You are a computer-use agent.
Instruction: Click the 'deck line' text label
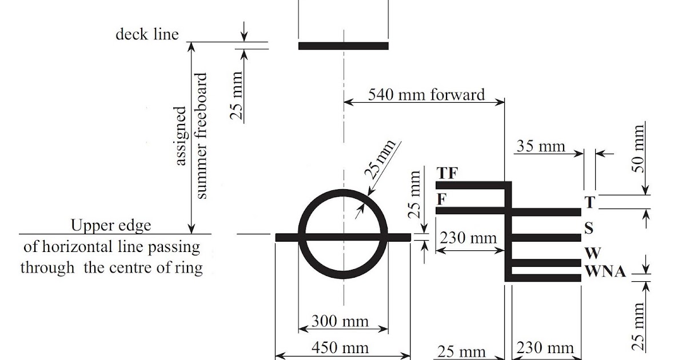coord(147,34)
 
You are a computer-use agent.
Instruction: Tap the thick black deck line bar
coord(343,46)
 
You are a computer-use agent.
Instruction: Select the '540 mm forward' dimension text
coord(426,94)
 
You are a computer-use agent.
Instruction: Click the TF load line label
coord(448,173)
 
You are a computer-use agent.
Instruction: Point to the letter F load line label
coord(441,200)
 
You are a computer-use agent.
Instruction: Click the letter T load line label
coord(590,202)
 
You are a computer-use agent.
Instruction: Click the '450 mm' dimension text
coord(340,347)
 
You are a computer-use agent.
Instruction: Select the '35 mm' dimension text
coord(541,146)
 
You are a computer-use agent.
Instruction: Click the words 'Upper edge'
coord(111,225)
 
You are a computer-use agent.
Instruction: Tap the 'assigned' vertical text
coord(181,136)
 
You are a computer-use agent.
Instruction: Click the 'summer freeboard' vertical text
coord(201,136)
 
